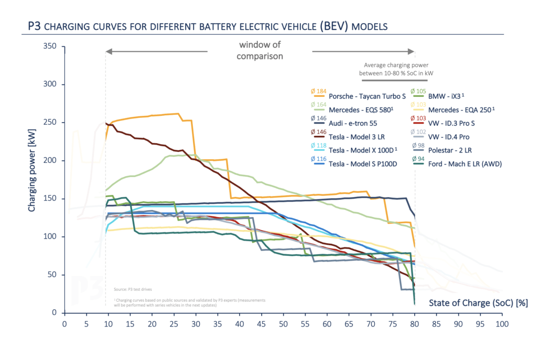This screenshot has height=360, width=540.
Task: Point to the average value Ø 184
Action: click(x=318, y=91)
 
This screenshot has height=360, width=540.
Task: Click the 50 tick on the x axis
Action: click(x=284, y=324)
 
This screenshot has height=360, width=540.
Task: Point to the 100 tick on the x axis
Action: click(x=502, y=324)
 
